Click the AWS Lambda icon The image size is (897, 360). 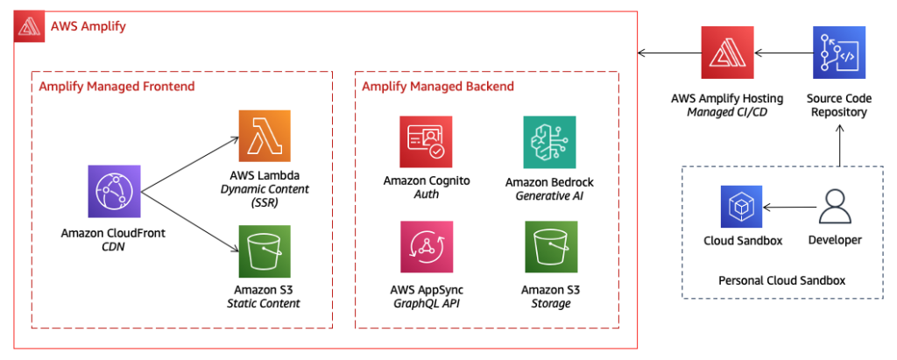265,136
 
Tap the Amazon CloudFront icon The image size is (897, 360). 115,191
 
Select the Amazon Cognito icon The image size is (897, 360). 426,142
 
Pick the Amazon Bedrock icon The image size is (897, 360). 549,142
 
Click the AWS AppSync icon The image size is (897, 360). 427,247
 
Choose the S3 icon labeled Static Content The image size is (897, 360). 265,251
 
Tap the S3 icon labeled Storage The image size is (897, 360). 550,247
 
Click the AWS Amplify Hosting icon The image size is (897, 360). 728,53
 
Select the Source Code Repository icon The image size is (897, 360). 839,53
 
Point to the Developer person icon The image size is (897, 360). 835,206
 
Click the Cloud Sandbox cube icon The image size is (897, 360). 741,207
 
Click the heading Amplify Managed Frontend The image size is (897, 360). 117,87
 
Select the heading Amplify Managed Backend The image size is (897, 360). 438,87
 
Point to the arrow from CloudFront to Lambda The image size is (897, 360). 189,164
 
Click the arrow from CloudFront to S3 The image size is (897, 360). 189,222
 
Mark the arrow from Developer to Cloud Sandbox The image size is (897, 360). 788,207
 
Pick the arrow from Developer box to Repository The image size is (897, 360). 839,145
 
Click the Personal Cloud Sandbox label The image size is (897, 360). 781,280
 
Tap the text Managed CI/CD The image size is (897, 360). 727,111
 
